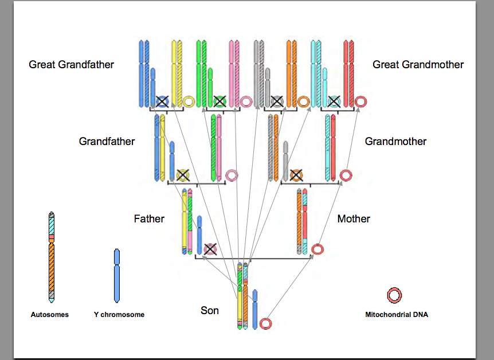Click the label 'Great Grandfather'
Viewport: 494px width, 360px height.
(72, 65)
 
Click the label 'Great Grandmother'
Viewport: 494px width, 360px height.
(418, 65)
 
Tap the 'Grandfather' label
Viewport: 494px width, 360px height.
(107, 141)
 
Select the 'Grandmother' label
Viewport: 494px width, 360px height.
(395, 141)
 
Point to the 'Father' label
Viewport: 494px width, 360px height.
(149, 218)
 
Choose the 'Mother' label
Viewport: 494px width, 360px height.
(354, 218)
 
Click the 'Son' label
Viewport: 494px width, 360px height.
(210, 311)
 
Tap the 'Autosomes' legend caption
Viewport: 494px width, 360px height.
(50, 315)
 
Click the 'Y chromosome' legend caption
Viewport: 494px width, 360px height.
(119, 315)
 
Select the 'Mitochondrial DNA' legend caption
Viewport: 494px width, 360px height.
(397, 315)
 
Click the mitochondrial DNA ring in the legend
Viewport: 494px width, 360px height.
(394, 296)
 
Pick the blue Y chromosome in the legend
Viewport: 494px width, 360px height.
(117, 275)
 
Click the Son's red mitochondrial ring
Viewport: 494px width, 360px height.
(265, 324)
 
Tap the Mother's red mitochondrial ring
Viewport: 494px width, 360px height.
(317, 249)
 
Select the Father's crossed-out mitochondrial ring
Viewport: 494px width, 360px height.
(210, 249)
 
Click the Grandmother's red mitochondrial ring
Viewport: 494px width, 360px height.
(345, 175)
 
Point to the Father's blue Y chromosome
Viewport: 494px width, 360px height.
(199, 234)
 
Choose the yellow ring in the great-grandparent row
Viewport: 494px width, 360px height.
(189, 102)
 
